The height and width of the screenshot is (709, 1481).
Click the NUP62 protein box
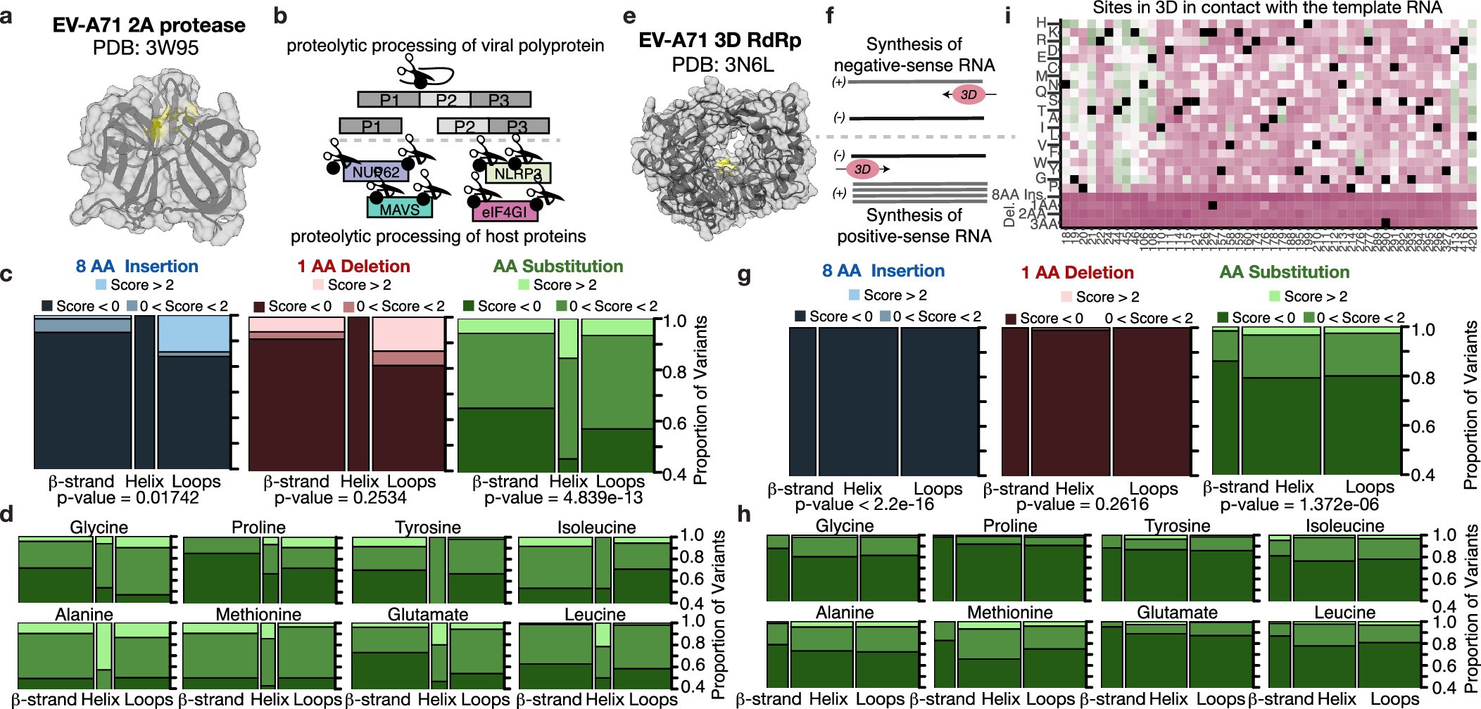(x=375, y=172)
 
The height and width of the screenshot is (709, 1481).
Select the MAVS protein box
(x=399, y=210)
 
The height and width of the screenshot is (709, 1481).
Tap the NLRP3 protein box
(x=517, y=174)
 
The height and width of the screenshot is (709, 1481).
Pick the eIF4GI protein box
(x=504, y=212)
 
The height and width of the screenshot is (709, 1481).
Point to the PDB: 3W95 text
(x=146, y=48)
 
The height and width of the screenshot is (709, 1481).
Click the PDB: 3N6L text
(x=722, y=65)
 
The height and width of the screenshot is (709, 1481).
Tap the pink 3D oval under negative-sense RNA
(x=968, y=95)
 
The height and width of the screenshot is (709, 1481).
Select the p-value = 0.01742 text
(x=127, y=498)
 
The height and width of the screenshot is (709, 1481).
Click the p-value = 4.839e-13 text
(x=563, y=498)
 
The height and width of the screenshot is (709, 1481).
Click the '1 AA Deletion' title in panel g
(x=1077, y=273)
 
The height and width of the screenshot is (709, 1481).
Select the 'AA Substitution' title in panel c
(x=558, y=267)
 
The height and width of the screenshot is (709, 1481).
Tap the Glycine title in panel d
(x=99, y=528)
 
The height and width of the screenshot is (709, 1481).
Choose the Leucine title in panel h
(x=1344, y=613)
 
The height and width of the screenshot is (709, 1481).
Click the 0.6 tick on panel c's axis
(x=674, y=423)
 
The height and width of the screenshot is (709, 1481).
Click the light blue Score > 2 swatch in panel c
(x=101, y=285)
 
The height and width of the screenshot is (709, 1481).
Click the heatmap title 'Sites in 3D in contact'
(x=1267, y=8)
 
